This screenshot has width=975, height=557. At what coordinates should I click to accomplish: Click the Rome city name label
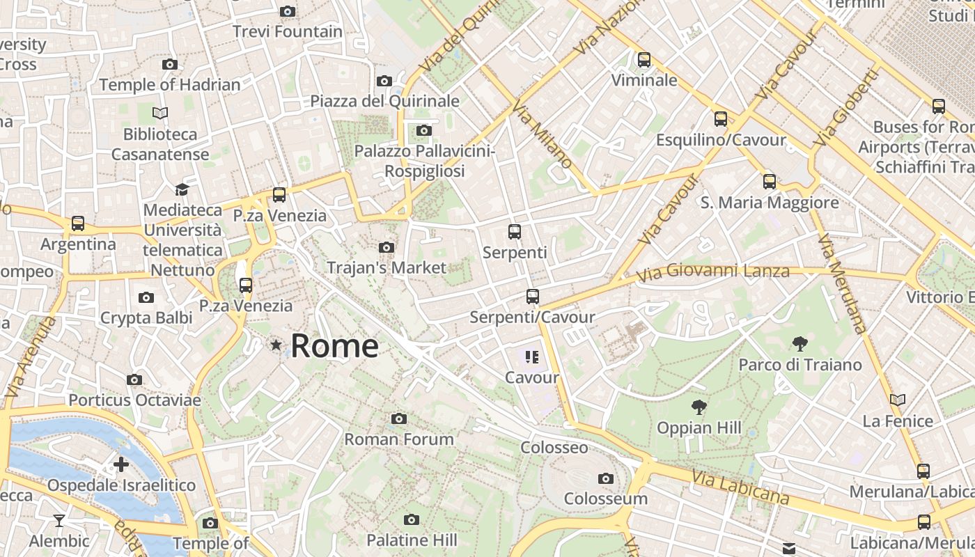[x=334, y=346]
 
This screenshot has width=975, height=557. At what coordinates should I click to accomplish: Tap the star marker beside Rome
[x=276, y=345]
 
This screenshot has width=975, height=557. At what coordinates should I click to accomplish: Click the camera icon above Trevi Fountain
[x=287, y=11]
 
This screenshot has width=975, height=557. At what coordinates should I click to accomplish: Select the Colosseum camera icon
[x=605, y=478]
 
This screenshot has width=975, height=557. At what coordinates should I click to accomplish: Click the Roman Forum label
[x=399, y=439]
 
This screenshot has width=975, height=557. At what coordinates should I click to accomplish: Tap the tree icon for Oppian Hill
[x=699, y=407]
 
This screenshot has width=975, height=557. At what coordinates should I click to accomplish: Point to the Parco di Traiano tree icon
[x=799, y=343]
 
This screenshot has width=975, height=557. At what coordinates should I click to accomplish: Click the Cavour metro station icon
[x=532, y=358]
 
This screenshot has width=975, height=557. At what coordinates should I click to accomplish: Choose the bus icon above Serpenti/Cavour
[x=533, y=297]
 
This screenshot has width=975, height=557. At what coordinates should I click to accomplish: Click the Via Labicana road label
[x=740, y=487]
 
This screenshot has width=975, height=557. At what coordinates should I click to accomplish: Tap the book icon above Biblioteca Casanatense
[x=160, y=113]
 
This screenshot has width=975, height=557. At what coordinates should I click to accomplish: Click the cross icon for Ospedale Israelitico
[x=121, y=464]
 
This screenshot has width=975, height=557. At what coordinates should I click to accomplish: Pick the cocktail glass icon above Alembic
[x=59, y=520]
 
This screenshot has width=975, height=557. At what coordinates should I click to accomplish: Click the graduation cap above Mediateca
[x=182, y=189]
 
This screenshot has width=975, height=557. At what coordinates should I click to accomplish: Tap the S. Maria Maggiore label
[x=769, y=203]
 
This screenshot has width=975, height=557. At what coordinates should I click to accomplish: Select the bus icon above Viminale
[x=644, y=60]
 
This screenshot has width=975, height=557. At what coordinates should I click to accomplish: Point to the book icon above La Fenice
[x=898, y=400]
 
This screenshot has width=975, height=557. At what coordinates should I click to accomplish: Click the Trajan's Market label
[x=387, y=267]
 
